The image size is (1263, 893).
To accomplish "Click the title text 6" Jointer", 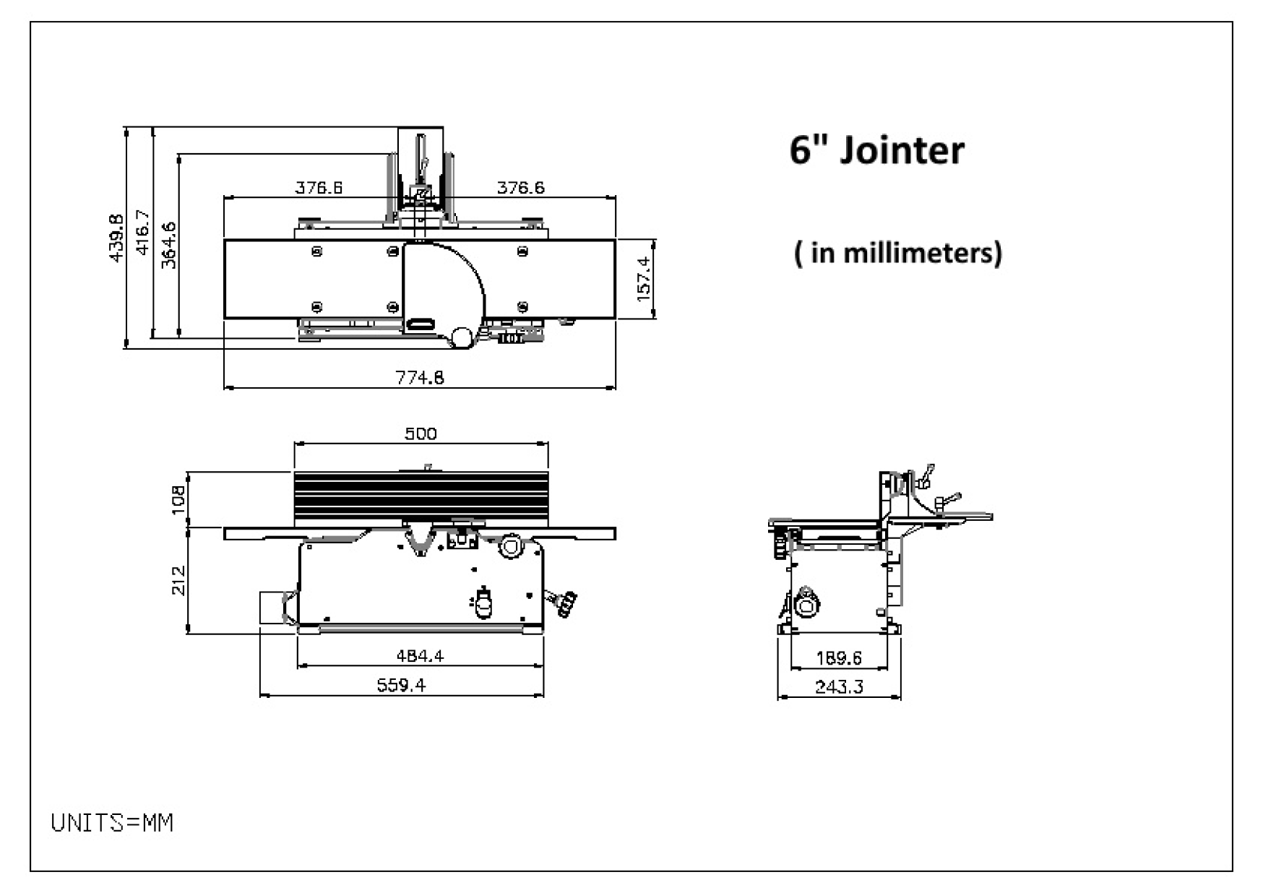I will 876,150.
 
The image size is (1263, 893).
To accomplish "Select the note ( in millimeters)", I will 897,253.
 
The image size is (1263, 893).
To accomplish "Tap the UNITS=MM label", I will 112,823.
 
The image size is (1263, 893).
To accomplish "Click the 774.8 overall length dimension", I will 419,377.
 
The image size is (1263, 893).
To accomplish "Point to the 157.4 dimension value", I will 643,278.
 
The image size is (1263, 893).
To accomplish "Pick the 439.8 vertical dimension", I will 116,238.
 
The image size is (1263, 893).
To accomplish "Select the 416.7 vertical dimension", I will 142,232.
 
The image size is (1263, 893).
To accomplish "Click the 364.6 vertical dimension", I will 168,245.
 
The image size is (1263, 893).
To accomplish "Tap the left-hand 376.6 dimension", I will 319,188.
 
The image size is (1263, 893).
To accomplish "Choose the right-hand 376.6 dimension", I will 520,188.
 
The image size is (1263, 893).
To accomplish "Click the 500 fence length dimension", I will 421,433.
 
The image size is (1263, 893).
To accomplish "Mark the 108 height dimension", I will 178,500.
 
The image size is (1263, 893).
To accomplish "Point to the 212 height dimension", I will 178,580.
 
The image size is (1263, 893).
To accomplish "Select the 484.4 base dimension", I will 420,656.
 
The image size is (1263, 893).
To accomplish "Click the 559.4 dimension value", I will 401,685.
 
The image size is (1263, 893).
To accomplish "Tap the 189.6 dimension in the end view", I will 838,658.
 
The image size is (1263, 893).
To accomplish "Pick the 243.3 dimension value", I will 838,686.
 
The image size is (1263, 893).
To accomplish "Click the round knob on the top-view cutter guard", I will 461,336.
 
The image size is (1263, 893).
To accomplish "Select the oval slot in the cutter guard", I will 421,324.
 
